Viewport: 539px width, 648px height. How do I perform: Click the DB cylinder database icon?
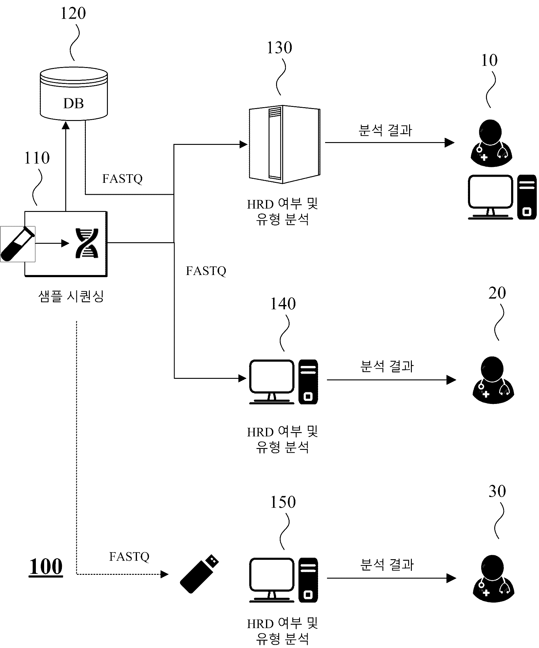coord(74,93)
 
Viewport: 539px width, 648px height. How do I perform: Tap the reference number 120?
coord(73,13)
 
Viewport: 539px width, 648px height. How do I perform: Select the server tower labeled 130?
coord(284,144)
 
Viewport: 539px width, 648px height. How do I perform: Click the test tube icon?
coord(17,244)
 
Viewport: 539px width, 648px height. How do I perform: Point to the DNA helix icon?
coord(87,243)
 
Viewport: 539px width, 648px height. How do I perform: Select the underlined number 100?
coord(46,567)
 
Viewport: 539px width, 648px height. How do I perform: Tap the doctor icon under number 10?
coord(491,143)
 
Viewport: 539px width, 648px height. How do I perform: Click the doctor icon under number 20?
coord(493,380)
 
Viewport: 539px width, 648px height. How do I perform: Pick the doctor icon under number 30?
coord(493,578)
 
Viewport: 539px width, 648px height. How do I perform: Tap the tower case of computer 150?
coord(308,580)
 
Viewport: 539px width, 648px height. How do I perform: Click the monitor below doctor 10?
coord(491,197)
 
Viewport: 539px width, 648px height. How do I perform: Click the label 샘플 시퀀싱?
coord(71,296)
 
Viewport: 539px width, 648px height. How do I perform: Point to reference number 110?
coord(37,158)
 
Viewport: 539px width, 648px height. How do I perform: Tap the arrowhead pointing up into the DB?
coord(66,125)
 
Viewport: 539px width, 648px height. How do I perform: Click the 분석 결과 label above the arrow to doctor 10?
coord(385,130)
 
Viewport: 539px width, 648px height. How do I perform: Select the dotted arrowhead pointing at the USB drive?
coord(165,574)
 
